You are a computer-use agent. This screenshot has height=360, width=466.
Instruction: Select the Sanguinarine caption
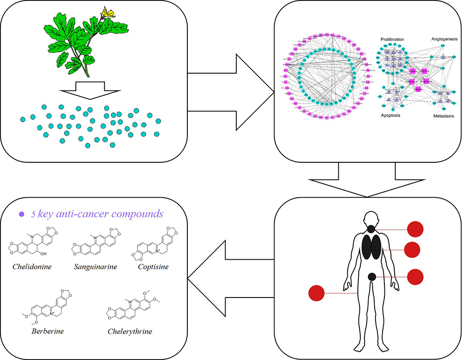tap(95, 267)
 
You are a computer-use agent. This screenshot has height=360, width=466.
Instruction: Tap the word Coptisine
tap(153, 267)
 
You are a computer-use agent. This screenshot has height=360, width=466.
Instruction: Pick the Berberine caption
tap(48, 332)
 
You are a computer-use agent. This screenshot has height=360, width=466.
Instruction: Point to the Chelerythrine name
tap(130, 332)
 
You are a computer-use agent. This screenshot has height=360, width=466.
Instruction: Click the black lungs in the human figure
tap(372, 247)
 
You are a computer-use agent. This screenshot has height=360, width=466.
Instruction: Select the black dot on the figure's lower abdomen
tap(372, 277)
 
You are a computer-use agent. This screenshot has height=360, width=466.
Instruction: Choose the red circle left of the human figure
tap(317, 293)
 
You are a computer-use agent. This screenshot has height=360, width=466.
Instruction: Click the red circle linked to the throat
tap(415, 229)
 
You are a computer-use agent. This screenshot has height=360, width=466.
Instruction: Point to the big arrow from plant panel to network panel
tap(233, 93)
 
